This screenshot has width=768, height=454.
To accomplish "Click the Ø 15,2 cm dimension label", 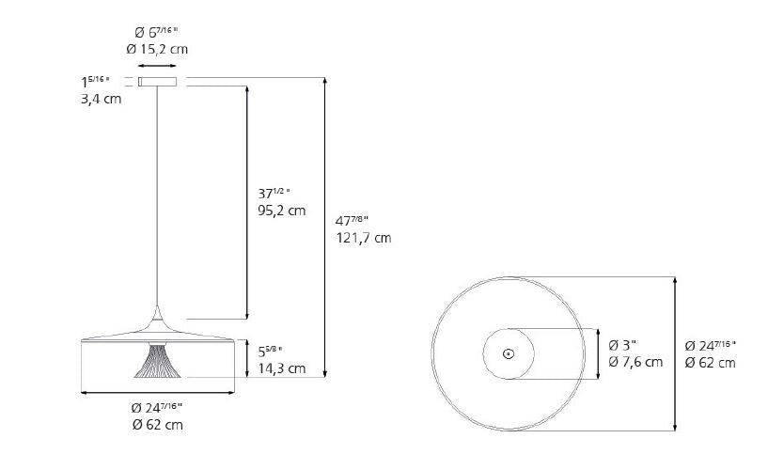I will tap(158, 49).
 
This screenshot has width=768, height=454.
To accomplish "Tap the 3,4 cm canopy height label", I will tap(102, 99).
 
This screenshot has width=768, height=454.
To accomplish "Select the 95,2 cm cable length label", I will tap(282, 211).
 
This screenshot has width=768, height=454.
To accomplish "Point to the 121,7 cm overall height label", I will tap(363, 238).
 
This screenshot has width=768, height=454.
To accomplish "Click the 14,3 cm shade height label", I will tap(282, 368).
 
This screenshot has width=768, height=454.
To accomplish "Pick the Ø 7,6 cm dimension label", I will tap(635, 362).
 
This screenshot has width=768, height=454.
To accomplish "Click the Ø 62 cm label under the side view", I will tap(158, 425).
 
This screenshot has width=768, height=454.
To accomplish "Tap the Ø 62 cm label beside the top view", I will tap(710, 362).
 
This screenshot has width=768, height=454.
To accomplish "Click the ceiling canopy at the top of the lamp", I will tap(158, 82).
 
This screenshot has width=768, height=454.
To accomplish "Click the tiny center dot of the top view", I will tap(508, 353).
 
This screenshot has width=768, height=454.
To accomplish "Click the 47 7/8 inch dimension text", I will tap(353, 220).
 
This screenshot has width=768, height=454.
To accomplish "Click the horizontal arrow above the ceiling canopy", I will tap(158, 66).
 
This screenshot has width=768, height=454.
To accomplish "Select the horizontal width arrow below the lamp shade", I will tap(158, 392).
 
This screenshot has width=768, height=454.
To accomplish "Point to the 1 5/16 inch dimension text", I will tap(96, 81).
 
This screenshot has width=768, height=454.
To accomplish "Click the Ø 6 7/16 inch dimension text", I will tap(158, 31).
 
